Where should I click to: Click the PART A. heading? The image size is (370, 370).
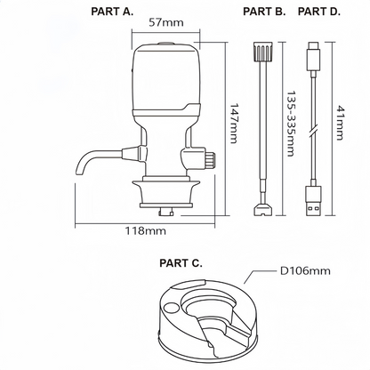pyautogui.click(x=112, y=12)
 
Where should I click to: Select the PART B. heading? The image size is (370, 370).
pyautogui.click(x=264, y=12)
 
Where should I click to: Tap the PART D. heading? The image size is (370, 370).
pyautogui.click(x=319, y=12)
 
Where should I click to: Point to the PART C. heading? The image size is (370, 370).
pyautogui.click(x=181, y=263)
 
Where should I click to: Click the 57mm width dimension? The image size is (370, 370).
pyautogui.click(x=166, y=22)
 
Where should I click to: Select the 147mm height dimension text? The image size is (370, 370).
pyautogui.click(x=234, y=124)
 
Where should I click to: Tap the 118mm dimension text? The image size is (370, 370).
pyautogui.click(x=145, y=230)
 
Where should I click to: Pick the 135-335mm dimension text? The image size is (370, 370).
pyautogui.click(x=291, y=124)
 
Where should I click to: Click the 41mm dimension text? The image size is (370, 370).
pyautogui.click(x=340, y=123)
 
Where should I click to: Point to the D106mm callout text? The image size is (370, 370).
pyautogui.click(x=305, y=270)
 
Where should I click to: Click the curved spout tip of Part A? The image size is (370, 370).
pyautogui.click(x=80, y=171)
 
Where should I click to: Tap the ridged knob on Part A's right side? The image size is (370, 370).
pyautogui.click(x=210, y=160)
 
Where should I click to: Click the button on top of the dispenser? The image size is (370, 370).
pyautogui.click(x=165, y=44)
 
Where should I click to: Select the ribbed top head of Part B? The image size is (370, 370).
pyautogui.click(x=262, y=52)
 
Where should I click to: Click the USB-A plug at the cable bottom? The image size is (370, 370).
pyautogui.click(x=313, y=201)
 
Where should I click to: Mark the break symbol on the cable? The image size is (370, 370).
pyautogui.click(x=313, y=131)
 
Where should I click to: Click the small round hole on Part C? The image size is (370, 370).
pyautogui.click(x=170, y=308)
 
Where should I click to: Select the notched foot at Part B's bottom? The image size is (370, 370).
pyautogui.click(x=262, y=209)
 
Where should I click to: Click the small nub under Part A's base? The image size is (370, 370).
pyautogui.click(x=165, y=212)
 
